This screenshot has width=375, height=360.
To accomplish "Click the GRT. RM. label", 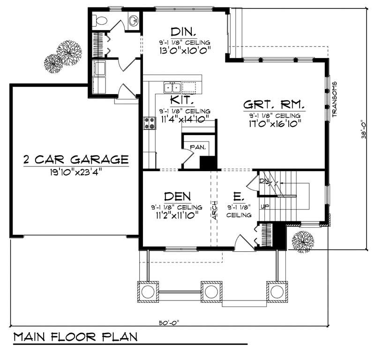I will tap(274, 104).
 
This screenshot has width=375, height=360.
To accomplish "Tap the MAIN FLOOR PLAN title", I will tap(75, 337).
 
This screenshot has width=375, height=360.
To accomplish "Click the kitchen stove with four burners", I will tap(149, 123).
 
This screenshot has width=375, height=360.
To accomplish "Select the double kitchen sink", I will tap(172, 87).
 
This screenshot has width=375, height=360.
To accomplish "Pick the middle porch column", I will tap(211, 292).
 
